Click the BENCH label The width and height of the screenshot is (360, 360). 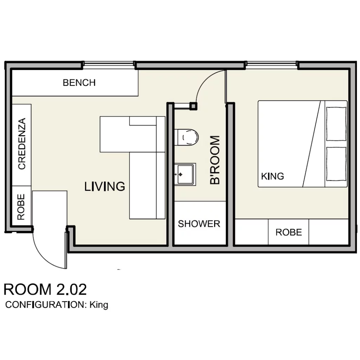[79, 83]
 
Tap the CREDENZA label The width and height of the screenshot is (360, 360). [22, 144]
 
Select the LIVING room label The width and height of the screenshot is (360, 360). [105, 186]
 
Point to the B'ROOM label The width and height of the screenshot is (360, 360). [215, 160]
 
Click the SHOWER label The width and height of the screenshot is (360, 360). [199, 224]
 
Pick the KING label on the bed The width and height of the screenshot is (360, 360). [272, 176]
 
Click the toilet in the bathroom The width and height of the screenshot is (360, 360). [186, 137]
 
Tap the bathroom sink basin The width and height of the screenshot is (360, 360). [185, 174]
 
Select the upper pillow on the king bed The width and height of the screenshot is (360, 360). [336, 124]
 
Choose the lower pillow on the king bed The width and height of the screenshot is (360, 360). [336, 164]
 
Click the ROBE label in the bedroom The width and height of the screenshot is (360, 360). [289, 232]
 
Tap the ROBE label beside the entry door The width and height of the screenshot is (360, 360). [21, 207]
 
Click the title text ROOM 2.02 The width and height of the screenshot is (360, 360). [45, 289]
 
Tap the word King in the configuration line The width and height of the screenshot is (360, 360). [99, 305]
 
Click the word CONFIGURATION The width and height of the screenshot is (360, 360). [45, 305]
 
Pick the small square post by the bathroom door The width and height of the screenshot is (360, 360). [193, 106]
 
